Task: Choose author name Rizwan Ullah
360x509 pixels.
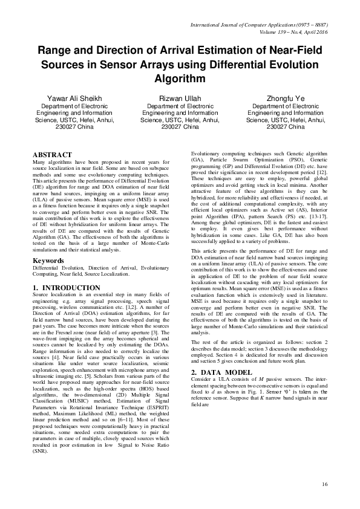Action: [180, 97]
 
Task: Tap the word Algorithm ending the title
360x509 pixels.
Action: [180, 79]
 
